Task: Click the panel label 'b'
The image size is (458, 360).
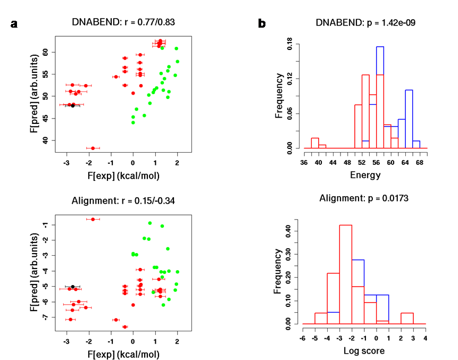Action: pyautogui.click(x=262, y=24)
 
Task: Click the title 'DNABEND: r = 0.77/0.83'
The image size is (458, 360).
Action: pyautogui.click(x=123, y=22)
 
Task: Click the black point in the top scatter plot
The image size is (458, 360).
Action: pyautogui.click(x=73, y=106)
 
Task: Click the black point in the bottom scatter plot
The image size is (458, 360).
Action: pyautogui.click(x=73, y=287)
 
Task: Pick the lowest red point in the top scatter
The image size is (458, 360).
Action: pyautogui.click(x=93, y=148)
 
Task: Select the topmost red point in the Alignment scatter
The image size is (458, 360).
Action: pyautogui.click(x=93, y=219)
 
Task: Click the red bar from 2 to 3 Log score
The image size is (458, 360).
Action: pyautogui.click(x=407, y=318)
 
